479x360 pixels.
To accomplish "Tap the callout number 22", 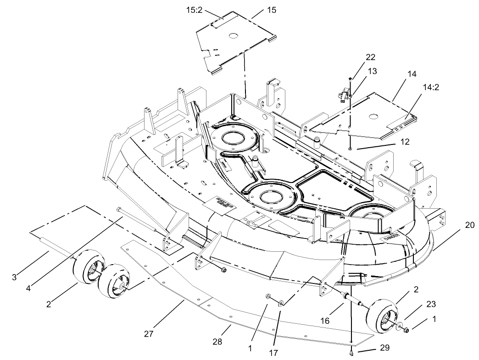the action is [370, 57].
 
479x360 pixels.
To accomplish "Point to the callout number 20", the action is [468, 225].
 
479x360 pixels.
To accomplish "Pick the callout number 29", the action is [384, 348].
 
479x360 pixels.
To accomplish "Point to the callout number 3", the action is [15, 277].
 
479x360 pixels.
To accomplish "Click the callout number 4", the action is [28, 288].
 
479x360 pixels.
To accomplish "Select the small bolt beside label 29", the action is [351, 352].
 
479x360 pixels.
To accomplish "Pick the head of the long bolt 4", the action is [119, 210].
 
